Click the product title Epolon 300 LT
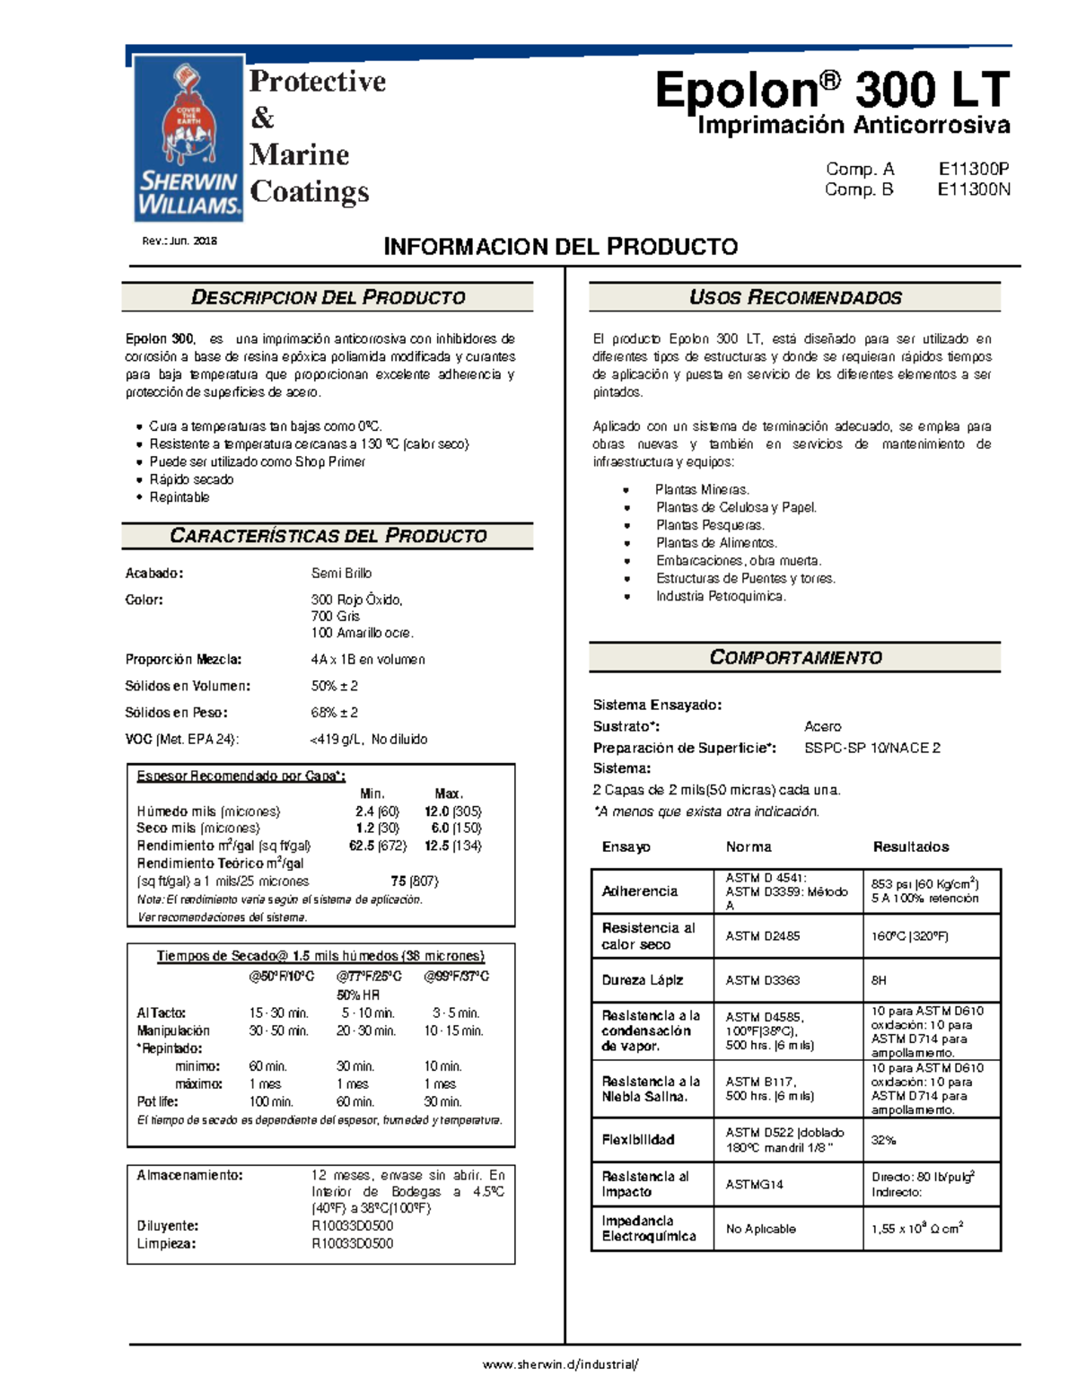[x=832, y=91]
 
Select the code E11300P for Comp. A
[x=974, y=169]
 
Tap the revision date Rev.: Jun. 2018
[x=179, y=241]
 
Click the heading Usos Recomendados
[x=795, y=297]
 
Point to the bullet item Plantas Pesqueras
[x=709, y=525]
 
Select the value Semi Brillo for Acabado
[x=341, y=573]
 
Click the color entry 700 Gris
[x=335, y=616]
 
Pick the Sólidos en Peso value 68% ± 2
[x=334, y=712]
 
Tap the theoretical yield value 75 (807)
[x=414, y=881]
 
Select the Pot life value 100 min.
[x=270, y=1101]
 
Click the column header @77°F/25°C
[x=369, y=976]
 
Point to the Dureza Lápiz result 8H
[x=879, y=980]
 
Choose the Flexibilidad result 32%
[x=883, y=1139]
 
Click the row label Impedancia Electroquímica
[x=648, y=1228]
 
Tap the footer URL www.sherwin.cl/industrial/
[x=561, y=1363]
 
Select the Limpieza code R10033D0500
[x=352, y=1243]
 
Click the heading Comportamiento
[x=795, y=657]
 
